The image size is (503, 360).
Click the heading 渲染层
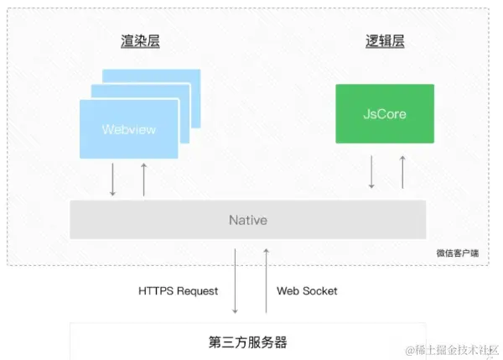click(140, 41)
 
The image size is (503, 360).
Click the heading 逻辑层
click(385, 41)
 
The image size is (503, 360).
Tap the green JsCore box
click(385, 112)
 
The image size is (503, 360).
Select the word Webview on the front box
click(129, 130)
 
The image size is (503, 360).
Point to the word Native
click(248, 220)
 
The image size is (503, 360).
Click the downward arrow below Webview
click(112, 180)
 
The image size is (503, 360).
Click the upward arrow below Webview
click(143, 180)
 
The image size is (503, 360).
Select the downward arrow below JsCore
click(371, 171)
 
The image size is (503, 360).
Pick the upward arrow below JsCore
click(402, 171)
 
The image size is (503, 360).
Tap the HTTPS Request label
click(178, 291)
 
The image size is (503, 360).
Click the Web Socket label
click(307, 291)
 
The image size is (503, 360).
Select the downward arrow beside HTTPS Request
click(235, 279)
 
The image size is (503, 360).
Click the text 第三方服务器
click(248, 342)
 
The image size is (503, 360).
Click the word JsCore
click(385, 113)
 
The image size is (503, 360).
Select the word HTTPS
click(156, 291)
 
